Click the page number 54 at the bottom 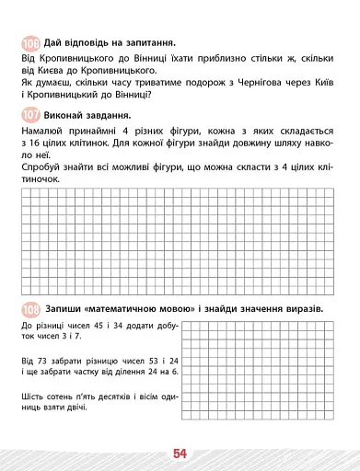tap(179, 453)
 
